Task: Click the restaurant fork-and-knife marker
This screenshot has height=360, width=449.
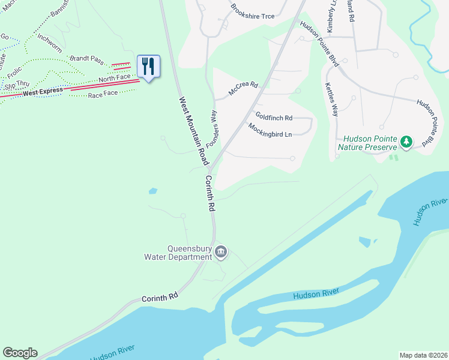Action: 149,65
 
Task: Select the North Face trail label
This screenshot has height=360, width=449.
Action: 114,79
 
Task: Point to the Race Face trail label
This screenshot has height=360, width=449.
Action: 103,94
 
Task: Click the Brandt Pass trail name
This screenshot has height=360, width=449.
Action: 88,59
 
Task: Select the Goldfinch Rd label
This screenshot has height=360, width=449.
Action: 274,117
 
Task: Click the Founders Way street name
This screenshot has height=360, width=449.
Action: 212,129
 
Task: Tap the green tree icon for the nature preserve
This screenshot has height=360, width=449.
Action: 408,142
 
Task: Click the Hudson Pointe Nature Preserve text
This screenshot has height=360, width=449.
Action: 367,142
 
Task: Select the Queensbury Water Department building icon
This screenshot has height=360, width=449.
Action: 220,251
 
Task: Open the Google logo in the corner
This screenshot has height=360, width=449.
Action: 20,353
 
